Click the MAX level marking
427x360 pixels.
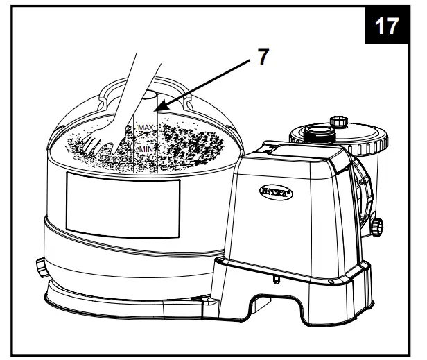tap(145, 128)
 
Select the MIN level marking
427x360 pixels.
tap(145, 148)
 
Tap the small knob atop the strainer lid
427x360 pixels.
tap(340, 122)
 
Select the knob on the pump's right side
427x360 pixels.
tap(376, 225)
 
